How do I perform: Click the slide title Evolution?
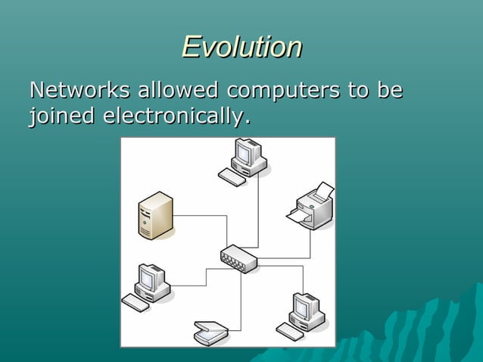tap(241, 47)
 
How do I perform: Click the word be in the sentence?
tap(389, 90)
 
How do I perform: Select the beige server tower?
tap(156, 215)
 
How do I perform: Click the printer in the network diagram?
tap(313, 205)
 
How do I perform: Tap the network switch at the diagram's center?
tap(238, 259)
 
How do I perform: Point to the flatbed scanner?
tap(210, 332)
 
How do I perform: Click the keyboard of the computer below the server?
tap(136, 303)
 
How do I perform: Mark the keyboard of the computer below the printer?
tap(289, 331)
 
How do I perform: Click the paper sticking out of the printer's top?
tap(323, 189)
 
